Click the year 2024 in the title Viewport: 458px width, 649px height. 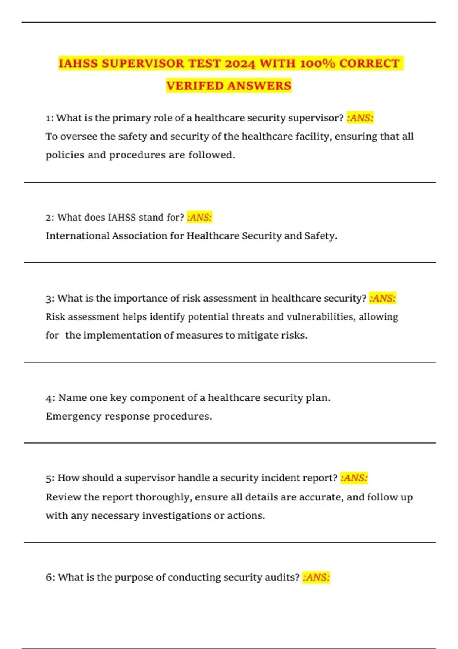point(240,63)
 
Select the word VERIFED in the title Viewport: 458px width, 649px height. point(195,86)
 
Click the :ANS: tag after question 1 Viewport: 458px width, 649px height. point(360,118)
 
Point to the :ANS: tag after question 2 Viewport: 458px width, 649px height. point(199,218)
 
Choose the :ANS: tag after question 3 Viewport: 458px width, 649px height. point(382,298)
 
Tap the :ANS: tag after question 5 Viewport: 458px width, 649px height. point(354,478)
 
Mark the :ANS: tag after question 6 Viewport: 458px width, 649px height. point(316,577)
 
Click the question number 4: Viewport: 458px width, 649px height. point(50,398)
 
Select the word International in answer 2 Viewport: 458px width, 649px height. point(77,236)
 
